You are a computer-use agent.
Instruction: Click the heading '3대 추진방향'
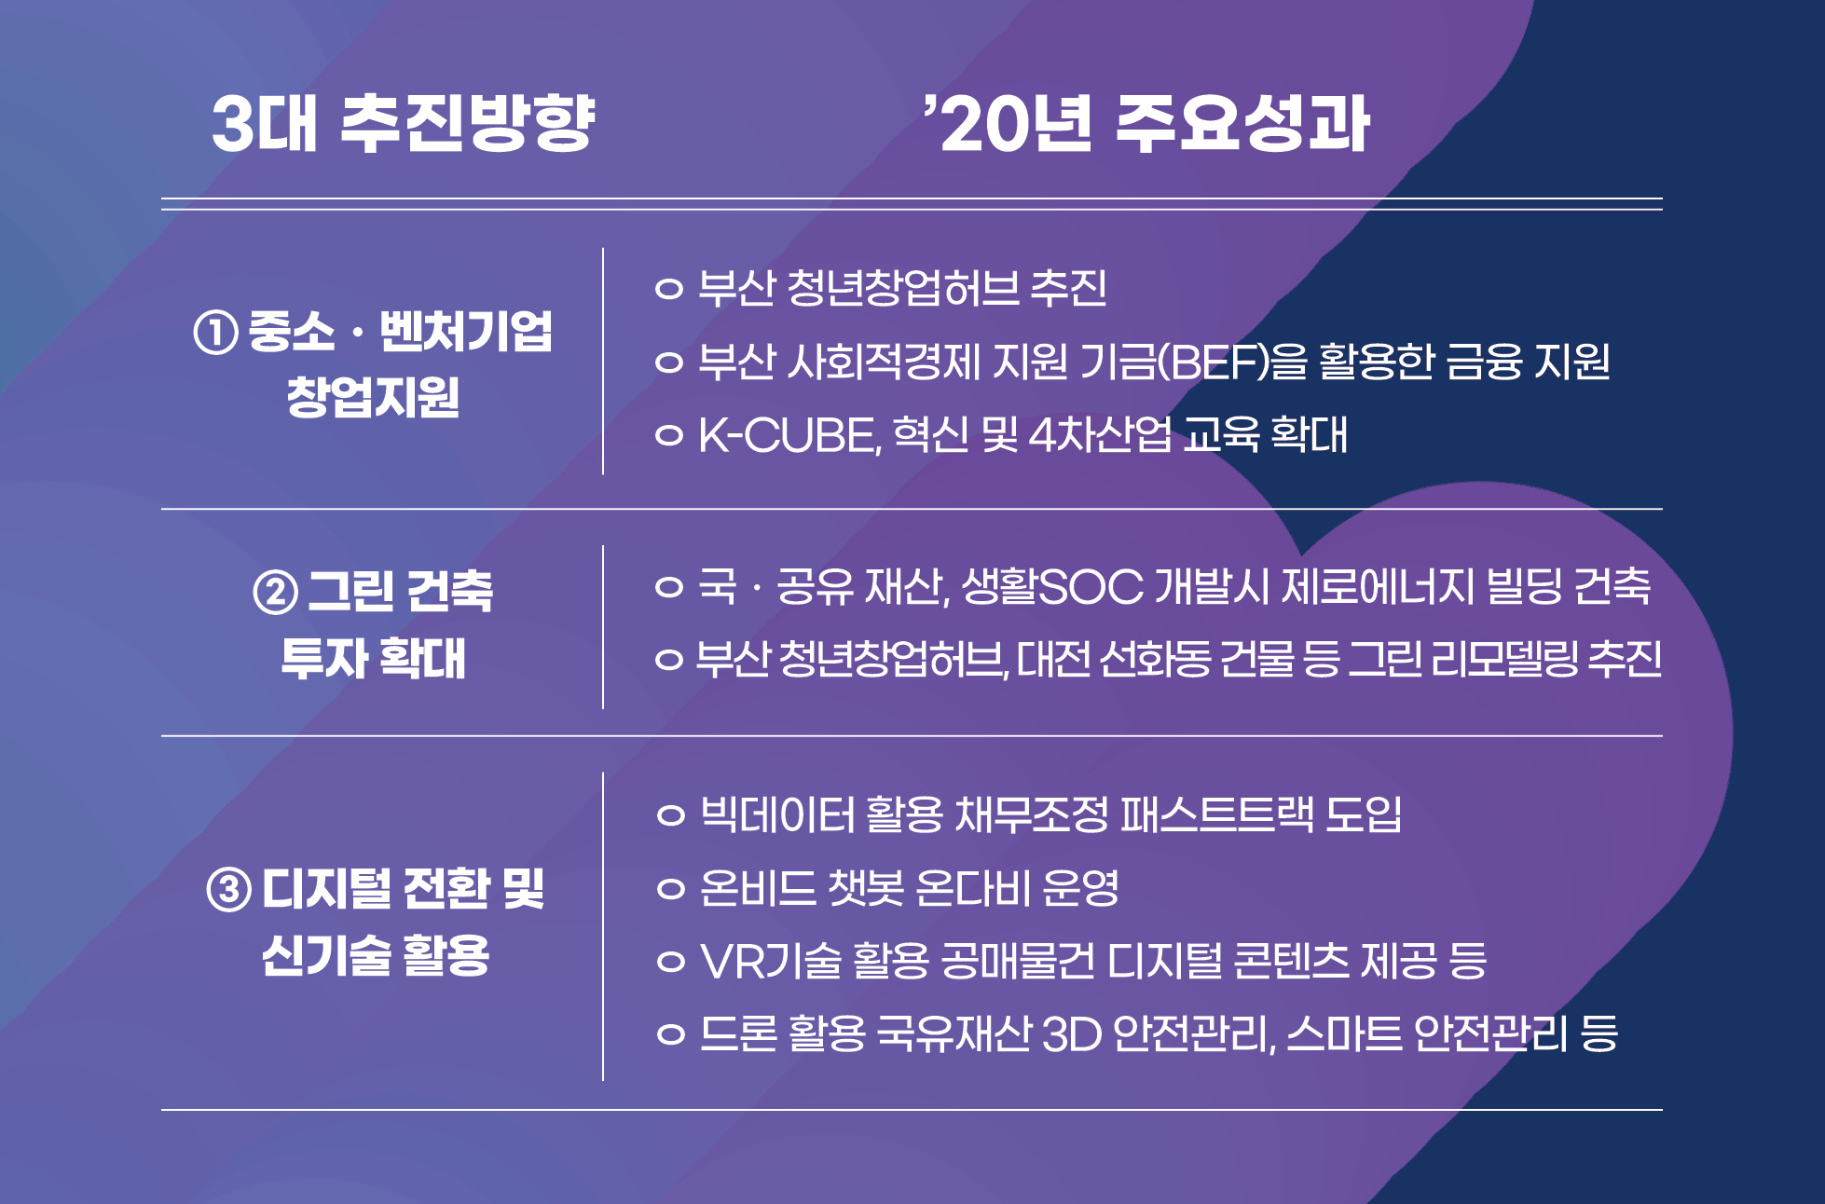[x=404, y=123]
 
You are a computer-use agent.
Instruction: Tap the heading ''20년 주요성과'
[x=1146, y=123]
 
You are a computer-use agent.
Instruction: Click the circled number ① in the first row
[x=215, y=333]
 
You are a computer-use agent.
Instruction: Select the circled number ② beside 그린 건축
[x=275, y=592]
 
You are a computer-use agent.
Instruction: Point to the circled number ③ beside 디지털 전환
[x=228, y=889]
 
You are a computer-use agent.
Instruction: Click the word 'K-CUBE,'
[x=789, y=435]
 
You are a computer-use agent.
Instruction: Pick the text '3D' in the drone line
[x=1072, y=1033]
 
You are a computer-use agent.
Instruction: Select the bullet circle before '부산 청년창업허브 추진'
[x=669, y=289]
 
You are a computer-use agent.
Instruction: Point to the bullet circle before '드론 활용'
[x=670, y=1034]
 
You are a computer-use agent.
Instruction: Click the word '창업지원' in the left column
[x=373, y=398]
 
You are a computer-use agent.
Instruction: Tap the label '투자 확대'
[x=373, y=659]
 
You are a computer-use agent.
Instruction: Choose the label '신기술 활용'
[x=376, y=956]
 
